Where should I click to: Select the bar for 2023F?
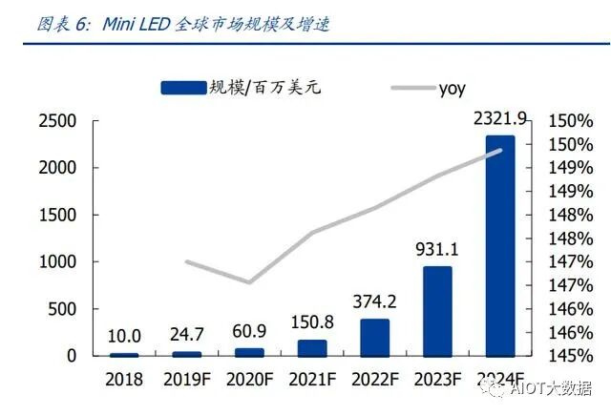437,311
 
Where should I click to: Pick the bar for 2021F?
311,348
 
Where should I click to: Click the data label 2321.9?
500,118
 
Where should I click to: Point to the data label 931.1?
437,250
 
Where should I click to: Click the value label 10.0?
123,336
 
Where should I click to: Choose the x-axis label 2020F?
249,379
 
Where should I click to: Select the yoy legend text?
453,89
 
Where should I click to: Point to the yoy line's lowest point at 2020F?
249,282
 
